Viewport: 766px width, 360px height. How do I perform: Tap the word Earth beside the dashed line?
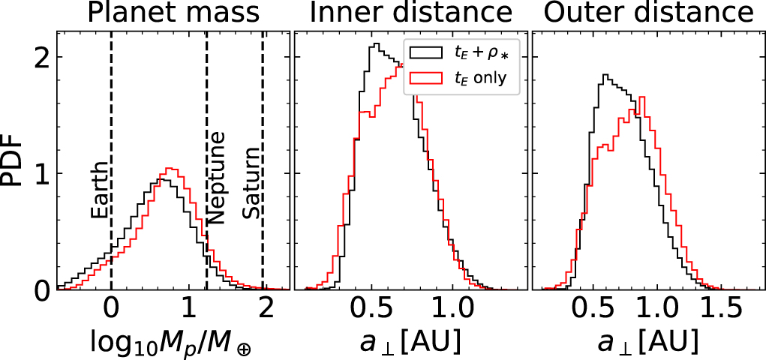[x=99, y=193]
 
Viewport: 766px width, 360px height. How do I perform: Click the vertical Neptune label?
[x=216, y=178]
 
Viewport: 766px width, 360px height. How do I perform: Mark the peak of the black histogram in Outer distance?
[x=605, y=75]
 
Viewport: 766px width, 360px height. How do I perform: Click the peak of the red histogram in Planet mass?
[x=170, y=169]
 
